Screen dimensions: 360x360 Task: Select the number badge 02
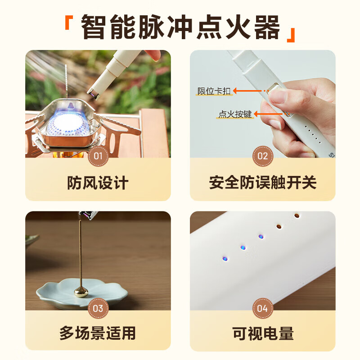point(262,157)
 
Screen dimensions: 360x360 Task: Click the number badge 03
point(98,309)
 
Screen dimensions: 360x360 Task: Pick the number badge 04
point(262,309)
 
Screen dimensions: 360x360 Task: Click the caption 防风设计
point(98,183)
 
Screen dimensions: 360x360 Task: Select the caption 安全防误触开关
point(262,183)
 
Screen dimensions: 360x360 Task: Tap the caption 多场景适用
point(98,333)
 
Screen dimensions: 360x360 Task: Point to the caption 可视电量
point(262,333)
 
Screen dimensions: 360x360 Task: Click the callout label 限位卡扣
point(214,91)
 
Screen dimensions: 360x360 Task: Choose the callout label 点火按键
point(234,115)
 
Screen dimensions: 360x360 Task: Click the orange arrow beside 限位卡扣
point(250,91)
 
